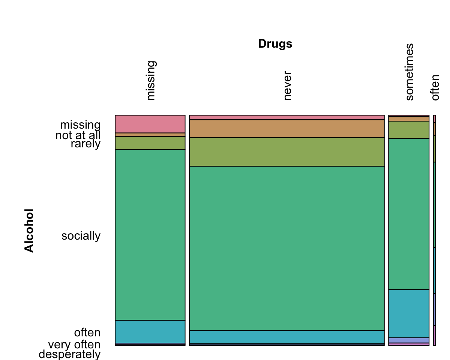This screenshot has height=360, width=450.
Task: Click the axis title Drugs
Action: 275,44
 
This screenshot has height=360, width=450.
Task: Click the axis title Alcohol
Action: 29,231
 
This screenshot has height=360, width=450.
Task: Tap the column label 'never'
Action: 287,86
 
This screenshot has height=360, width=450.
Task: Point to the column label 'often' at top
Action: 435,87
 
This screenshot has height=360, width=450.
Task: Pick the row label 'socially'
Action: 81,236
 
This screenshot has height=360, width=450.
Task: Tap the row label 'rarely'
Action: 85,144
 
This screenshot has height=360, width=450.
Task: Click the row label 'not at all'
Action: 78,135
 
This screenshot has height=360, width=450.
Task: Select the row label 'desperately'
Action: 70,354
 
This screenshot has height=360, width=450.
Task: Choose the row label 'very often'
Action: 74,345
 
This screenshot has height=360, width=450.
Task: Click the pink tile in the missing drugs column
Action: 150,124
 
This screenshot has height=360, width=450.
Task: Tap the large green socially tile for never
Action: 287,248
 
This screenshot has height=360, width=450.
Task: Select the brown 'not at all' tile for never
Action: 287,129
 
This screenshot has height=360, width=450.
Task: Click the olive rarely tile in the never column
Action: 287,152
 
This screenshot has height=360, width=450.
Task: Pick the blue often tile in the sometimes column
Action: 409,313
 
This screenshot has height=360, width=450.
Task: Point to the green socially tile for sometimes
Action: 409,214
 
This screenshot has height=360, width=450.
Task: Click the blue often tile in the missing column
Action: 150,331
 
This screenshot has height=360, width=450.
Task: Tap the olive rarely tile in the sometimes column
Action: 409,130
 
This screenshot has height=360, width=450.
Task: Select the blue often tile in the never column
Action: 287,337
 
